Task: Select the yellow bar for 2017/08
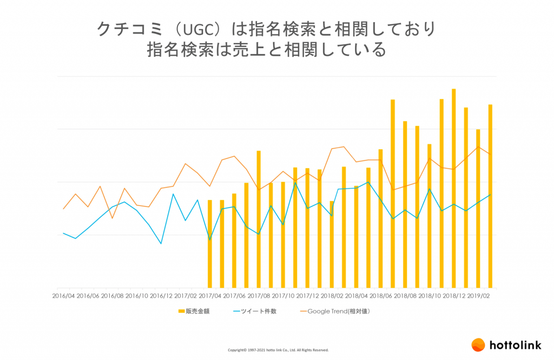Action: coord(259,219)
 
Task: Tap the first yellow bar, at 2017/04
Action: coord(210,244)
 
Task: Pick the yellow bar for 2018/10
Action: coord(429,216)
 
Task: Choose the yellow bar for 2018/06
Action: coord(380,218)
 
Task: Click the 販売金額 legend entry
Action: coord(193,311)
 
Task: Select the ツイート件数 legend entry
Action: coord(254,311)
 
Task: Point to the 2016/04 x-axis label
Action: coord(63,296)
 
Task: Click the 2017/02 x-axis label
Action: coord(186,296)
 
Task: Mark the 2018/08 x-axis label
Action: coord(405,296)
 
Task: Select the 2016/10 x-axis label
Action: coord(136,296)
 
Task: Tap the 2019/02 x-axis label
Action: coord(478,296)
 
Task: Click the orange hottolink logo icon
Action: coord(478,345)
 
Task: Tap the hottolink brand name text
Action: coord(516,345)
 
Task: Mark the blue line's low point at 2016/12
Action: coord(161,244)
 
